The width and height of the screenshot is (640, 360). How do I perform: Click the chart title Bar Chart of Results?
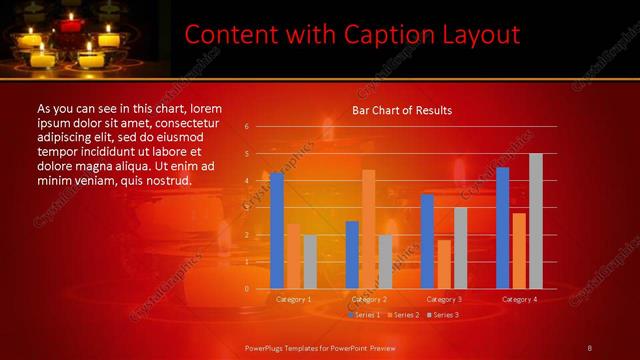tap(402, 110)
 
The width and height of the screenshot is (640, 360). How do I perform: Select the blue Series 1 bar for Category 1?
tap(277, 230)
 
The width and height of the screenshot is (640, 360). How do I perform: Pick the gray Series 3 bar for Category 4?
tap(536, 221)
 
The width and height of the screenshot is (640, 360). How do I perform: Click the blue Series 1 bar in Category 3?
tap(427, 241)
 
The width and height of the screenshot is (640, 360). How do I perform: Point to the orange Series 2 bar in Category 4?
tap(519, 250)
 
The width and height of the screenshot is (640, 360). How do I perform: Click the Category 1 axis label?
tap(293, 299)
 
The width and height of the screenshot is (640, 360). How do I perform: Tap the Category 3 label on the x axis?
tap(444, 299)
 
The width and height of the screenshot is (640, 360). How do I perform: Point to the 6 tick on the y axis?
tap(246, 127)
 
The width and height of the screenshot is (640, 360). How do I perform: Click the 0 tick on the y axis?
tap(246, 289)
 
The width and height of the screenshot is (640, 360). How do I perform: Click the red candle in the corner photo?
tap(70, 21)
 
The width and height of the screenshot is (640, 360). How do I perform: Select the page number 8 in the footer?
tap(590, 347)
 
